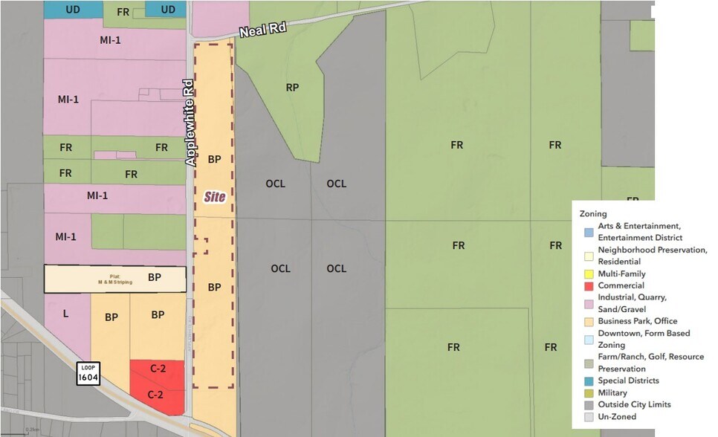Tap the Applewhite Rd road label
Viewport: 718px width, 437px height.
[x=190, y=123]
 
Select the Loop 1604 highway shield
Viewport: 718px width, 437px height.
[x=88, y=374]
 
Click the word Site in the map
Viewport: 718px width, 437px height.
[x=215, y=197]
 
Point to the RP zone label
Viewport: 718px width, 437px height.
[x=292, y=88]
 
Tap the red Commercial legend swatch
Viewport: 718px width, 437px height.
[x=589, y=286]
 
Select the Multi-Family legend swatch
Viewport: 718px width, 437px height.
[x=589, y=274]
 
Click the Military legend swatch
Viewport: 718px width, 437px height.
[x=589, y=393]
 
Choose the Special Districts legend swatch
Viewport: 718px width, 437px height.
[x=589, y=381]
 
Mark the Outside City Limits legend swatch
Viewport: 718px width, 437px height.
[x=589, y=405]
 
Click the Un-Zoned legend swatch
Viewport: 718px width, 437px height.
[x=589, y=417]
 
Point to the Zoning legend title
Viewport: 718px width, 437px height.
[x=593, y=214]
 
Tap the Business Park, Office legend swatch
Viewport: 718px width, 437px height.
[x=589, y=322]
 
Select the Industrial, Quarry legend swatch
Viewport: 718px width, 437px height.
[x=589, y=303]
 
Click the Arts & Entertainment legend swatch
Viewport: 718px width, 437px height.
[x=589, y=231]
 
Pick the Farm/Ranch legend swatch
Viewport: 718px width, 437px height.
[x=589, y=363]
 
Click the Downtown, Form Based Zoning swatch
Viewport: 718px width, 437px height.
[x=589, y=339]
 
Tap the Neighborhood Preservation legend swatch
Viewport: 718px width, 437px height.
[x=589, y=256]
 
